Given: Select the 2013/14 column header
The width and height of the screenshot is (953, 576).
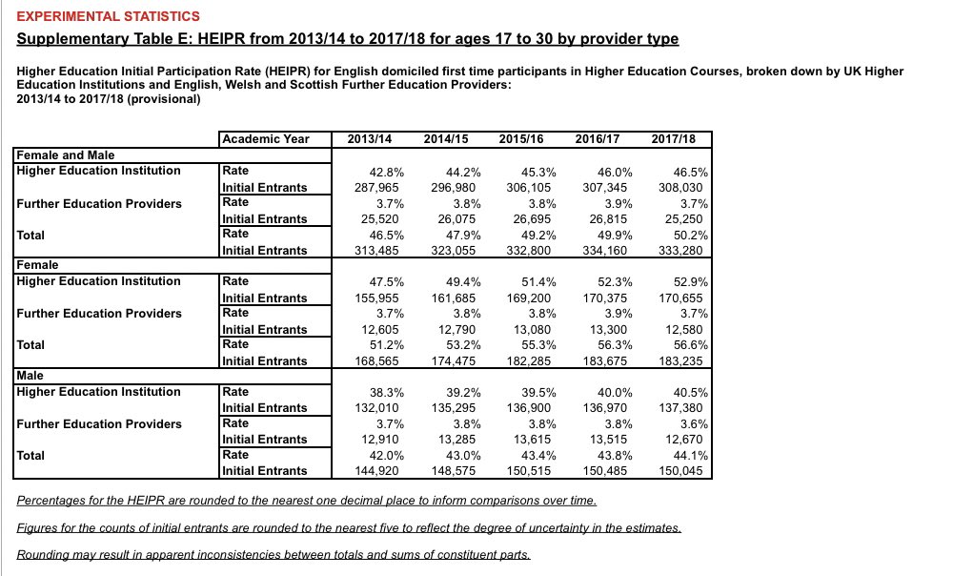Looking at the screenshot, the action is pyautogui.click(x=370, y=138).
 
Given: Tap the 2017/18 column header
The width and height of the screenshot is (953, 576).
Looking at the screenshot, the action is pyautogui.click(x=674, y=138).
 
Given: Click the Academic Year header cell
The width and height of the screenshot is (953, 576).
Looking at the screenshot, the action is pyautogui.click(x=265, y=138).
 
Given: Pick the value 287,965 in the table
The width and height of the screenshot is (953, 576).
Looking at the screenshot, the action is pyautogui.click(x=368, y=188).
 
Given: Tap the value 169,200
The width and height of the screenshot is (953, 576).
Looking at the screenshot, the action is pyautogui.click(x=529, y=298).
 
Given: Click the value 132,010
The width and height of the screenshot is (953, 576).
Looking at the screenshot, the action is pyautogui.click(x=368, y=408).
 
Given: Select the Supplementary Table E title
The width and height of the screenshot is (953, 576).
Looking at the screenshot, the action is pyautogui.click(x=348, y=39).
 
